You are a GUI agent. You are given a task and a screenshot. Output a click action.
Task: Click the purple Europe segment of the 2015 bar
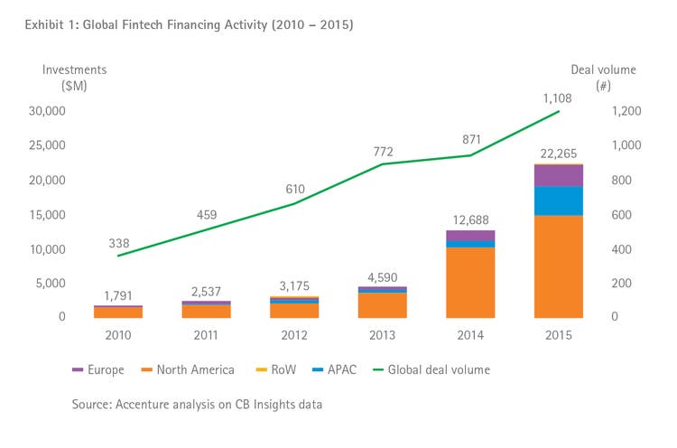(x=558, y=175)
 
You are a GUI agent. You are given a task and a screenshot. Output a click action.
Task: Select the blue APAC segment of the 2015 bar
(x=558, y=201)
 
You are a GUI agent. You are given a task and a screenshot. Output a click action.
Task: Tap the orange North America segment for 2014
(x=470, y=282)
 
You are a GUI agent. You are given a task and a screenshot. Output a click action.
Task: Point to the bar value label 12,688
(x=470, y=220)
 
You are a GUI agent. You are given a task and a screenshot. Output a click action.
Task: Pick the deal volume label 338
(x=118, y=244)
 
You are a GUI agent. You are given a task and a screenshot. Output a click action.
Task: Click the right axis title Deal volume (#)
(x=603, y=78)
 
